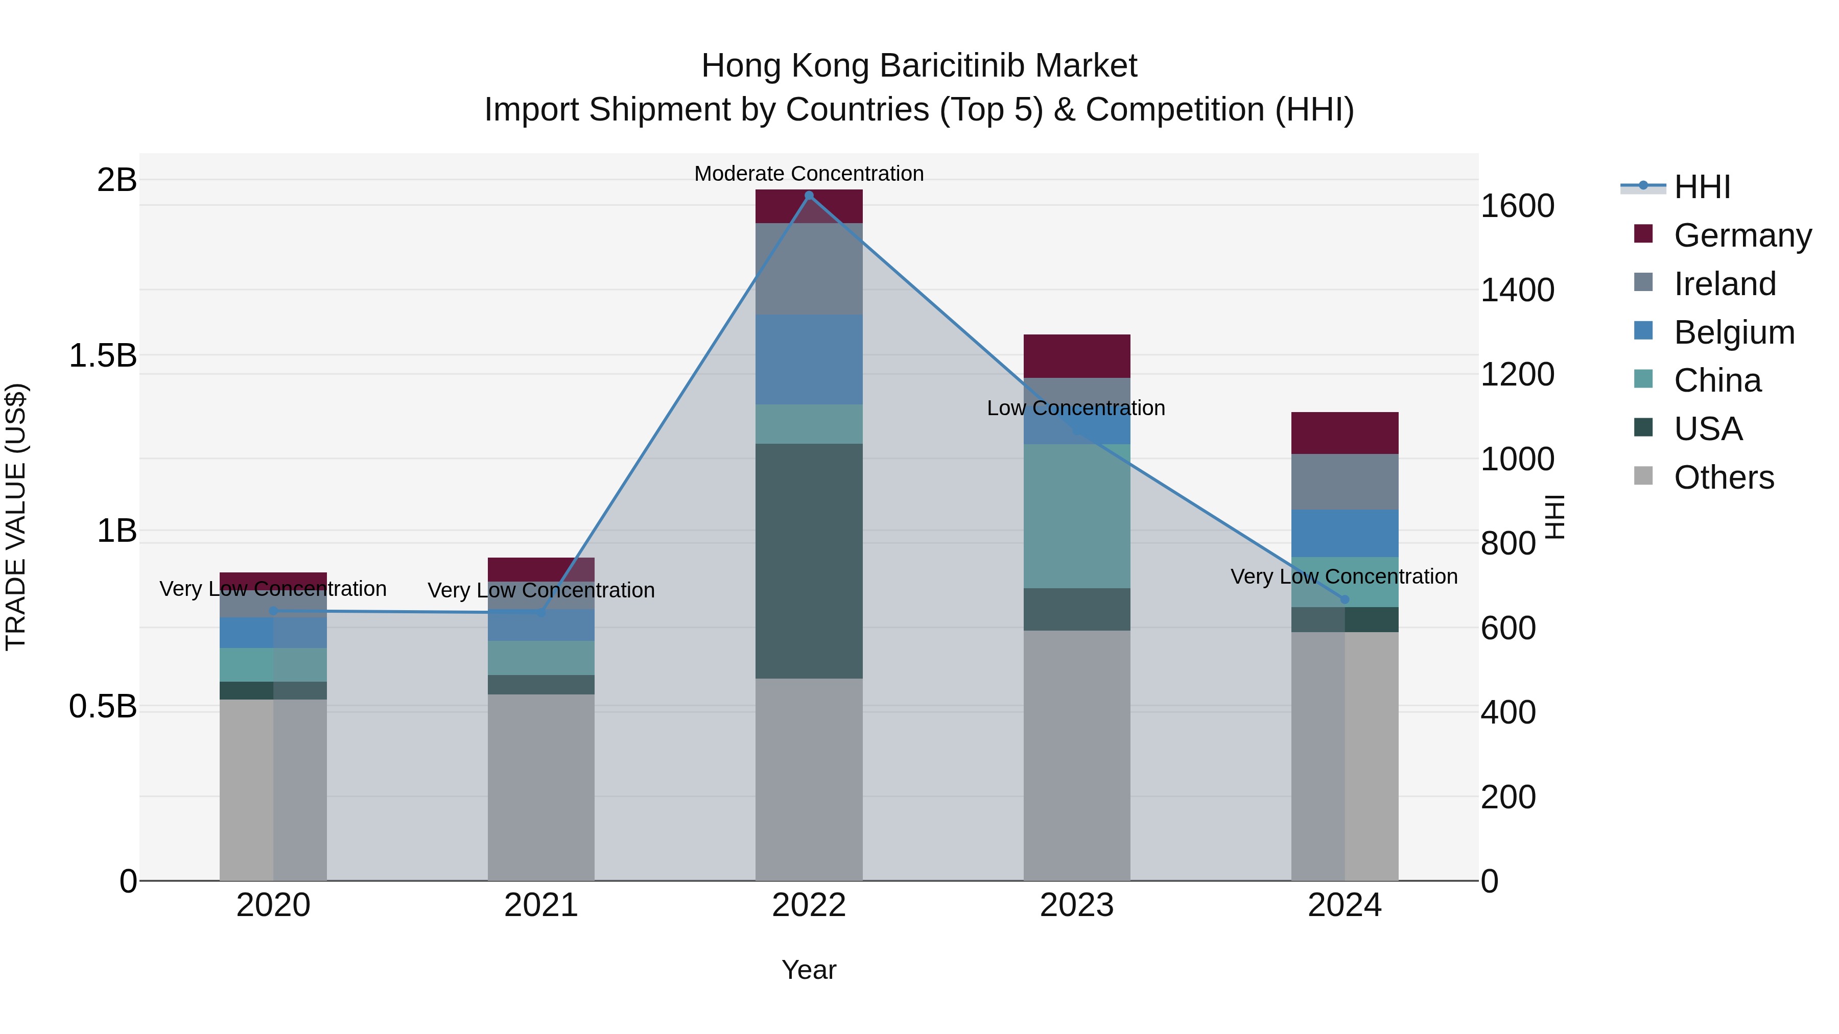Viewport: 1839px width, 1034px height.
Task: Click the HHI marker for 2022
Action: pos(809,196)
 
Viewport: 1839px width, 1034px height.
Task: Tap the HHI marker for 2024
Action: pos(1345,599)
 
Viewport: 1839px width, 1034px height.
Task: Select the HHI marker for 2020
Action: pos(273,611)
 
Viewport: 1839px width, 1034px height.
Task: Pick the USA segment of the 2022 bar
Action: pos(809,561)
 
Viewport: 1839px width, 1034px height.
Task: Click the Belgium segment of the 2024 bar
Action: pos(1345,533)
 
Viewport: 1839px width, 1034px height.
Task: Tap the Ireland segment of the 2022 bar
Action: pos(809,269)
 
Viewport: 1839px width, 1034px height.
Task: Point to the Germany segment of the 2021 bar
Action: pos(541,569)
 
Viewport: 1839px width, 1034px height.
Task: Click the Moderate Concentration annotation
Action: pos(809,174)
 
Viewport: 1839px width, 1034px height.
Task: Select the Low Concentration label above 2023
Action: pos(1076,408)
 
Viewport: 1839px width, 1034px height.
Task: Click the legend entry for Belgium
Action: pos(1733,332)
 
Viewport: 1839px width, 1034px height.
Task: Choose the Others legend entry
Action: pos(1724,477)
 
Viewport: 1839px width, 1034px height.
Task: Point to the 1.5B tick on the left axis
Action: pos(102,355)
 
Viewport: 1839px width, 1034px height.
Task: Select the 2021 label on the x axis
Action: pos(541,905)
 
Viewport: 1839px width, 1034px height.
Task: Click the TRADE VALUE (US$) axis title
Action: pos(16,517)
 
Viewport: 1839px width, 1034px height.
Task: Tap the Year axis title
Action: pos(809,970)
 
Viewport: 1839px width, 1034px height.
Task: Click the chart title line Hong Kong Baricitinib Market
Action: pos(919,66)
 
